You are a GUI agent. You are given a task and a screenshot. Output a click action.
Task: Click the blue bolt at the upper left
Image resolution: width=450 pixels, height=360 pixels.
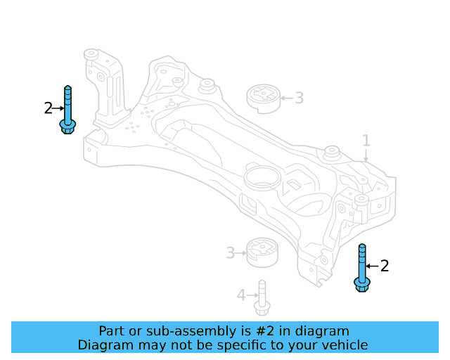[x=67, y=109]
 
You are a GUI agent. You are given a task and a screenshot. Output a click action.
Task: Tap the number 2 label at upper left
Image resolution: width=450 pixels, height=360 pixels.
[x=48, y=108]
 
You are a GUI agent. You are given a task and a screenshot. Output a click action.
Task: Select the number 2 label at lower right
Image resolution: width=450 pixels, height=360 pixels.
[x=384, y=266]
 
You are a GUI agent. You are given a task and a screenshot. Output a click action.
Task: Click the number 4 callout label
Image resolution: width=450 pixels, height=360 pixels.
[x=241, y=295]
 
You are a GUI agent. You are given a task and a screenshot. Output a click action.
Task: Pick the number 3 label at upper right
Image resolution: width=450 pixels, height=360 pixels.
[x=299, y=98]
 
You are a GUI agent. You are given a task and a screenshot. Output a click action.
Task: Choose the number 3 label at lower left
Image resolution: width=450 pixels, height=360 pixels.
[x=230, y=252]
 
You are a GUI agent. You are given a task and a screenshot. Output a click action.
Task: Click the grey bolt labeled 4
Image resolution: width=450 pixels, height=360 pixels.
[x=262, y=298]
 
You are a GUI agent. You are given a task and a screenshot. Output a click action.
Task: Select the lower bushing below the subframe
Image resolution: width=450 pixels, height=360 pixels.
[x=263, y=252]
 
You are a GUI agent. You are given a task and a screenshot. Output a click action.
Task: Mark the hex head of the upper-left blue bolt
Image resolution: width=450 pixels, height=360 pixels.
[x=67, y=127]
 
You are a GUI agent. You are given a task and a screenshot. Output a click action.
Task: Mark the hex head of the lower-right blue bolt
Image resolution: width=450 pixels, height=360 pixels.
[x=362, y=283]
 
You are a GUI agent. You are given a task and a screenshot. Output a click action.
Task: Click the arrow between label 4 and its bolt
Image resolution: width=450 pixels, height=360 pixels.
[x=251, y=295]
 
